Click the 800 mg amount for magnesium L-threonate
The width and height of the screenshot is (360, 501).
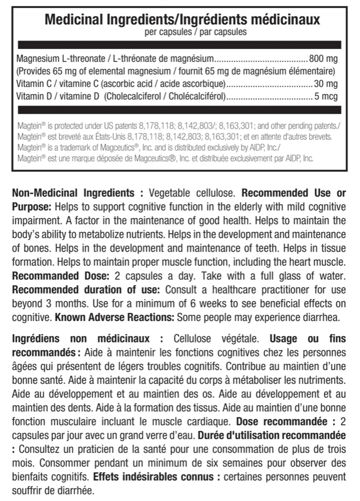coord(324,58)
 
